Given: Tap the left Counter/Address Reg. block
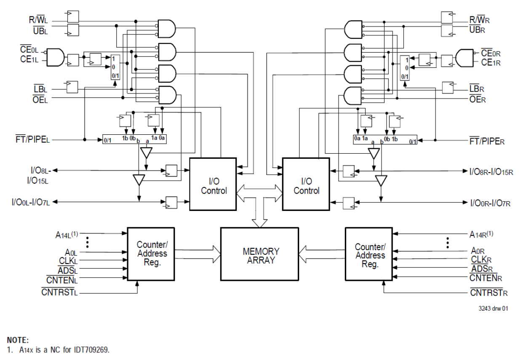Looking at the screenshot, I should (x=151, y=254).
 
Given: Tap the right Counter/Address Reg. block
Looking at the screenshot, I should (x=369, y=254).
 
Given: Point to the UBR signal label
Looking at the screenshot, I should (x=479, y=29).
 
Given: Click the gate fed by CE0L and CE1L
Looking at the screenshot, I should (x=55, y=57).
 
